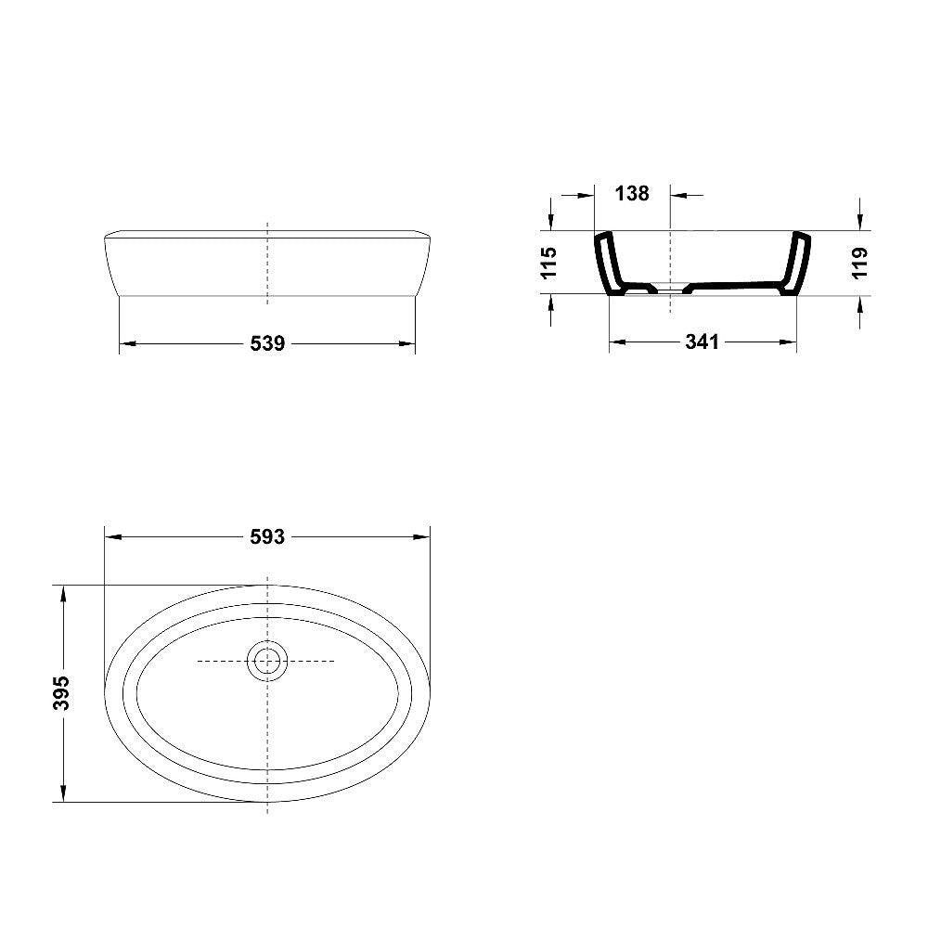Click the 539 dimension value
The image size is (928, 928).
click(x=267, y=343)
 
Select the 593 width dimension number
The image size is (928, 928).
click(x=267, y=537)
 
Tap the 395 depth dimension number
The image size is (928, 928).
click(x=61, y=692)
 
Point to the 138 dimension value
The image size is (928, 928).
click(x=632, y=193)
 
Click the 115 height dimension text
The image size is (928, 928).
click(x=548, y=263)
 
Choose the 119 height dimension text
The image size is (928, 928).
click(x=858, y=263)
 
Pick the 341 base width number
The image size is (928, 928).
click(x=702, y=342)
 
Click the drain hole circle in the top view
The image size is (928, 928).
click(x=267, y=661)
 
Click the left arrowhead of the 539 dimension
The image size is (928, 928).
click(x=127, y=343)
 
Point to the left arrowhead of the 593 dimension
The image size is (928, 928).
click(x=112, y=537)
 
